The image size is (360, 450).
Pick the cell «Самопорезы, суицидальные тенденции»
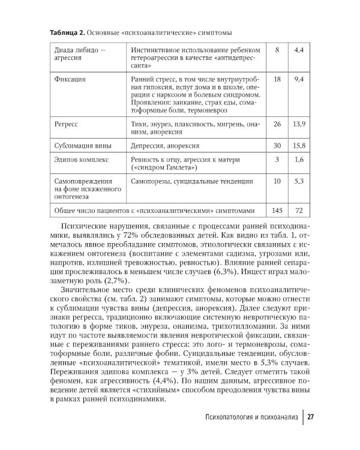click(x=187, y=180)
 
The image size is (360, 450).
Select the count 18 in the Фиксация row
click(x=277, y=79)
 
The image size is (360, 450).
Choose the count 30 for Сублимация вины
click(x=277, y=146)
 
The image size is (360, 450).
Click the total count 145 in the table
click(x=277, y=211)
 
